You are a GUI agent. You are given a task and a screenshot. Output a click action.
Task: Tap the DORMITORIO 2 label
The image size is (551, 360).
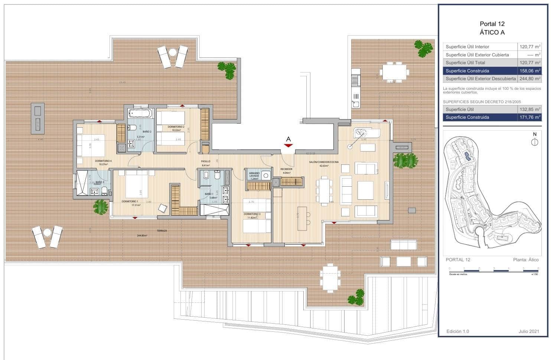click(x=176, y=127)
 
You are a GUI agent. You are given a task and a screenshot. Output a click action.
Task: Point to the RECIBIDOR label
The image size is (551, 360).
click(x=286, y=169)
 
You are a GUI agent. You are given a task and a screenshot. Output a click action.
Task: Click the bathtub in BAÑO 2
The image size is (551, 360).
click(x=140, y=113)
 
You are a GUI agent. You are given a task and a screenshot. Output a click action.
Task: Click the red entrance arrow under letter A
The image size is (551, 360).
click(x=288, y=146)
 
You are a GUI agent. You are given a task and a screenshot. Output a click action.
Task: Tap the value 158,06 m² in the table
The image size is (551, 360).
click(x=530, y=71)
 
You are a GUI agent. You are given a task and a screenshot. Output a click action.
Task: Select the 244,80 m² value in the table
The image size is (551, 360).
click(x=530, y=79)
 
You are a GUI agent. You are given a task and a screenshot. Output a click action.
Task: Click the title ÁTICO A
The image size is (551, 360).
click(x=492, y=32)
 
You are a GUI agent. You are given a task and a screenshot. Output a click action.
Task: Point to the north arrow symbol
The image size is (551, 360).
click(x=535, y=141)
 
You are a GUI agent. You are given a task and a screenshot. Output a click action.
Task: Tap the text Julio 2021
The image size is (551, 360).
click(x=528, y=331)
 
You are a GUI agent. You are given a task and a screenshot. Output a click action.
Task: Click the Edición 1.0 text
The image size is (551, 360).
click(x=457, y=331)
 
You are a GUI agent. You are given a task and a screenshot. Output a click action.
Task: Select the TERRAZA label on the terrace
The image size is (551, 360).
click(x=162, y=231)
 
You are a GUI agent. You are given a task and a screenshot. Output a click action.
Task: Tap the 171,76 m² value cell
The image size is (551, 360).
click(x=530, y=117)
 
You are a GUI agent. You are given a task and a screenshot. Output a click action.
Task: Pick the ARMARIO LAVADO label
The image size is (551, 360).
click(x=254, y=174)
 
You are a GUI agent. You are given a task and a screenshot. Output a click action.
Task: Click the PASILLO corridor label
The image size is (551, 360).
click(x=206, y=161)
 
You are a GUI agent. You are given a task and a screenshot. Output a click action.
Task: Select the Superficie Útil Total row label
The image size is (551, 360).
click(x=465, y=63)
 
